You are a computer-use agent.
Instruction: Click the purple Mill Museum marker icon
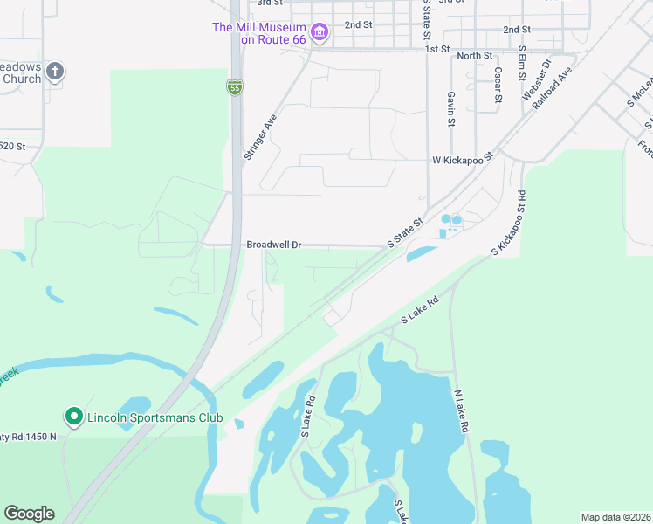pyautogui.click(x=320, y=34)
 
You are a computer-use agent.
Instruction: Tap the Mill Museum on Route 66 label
pyautogui.click(x=259, y=33)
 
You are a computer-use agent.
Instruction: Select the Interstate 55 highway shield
pyautogui.click(x=234, y=87)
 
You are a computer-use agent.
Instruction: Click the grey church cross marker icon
pyautogui.click(x=55, y=71)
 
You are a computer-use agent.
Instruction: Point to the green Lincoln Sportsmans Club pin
pyautogui.click(x=74, y=417)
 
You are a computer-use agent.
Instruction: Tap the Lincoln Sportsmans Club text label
pyautogui.click(x=155, y=418)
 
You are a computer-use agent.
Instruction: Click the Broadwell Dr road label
pyautogui.click(x=273, y=245)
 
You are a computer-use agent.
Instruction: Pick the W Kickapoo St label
pyautogui.click(x=463, y=160)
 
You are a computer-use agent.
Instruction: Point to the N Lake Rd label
pyautogui.click(x=462, y=411)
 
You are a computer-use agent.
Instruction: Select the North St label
pyautogui.click(x=475, y=56)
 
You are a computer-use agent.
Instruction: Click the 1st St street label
pyautogui.click(x=437, y=49)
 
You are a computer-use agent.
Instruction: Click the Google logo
pyautogui.click(x=29, y=514)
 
